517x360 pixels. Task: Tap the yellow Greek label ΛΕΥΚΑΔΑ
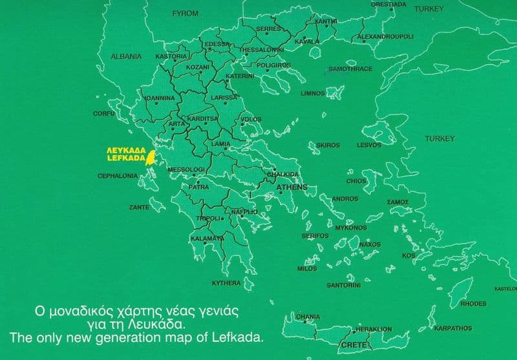tap(125, 149)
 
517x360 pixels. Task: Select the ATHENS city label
tap(292, 187)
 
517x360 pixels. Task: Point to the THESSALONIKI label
tap(262, 50)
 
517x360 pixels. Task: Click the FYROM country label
tap(185, 13)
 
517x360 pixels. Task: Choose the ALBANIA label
tap(126, 56)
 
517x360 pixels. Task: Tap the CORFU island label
tap(103, 113)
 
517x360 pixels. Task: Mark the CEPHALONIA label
tap(117, 176)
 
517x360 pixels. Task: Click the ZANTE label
tap(139, 207)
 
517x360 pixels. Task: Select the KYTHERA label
tap(226, 283)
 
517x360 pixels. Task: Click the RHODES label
tap(473, 304)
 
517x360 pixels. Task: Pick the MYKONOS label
tap(351, 228)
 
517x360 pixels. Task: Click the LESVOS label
tap(369, 145)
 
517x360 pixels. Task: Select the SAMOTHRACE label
tap(350, 69)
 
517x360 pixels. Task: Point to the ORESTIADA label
tap(388, 5)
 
